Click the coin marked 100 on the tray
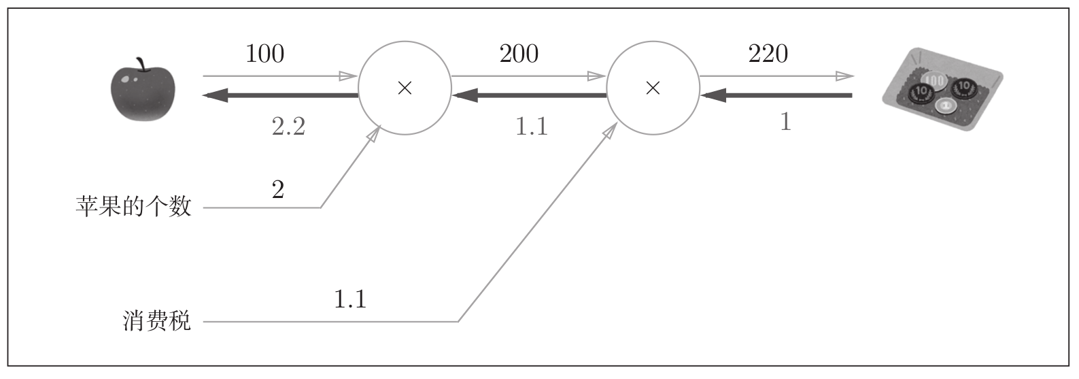point(935,81)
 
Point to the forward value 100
point(264,54)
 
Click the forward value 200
point(519,54)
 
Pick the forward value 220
point(768,54)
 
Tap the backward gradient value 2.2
point(288,127)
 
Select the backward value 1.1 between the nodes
point(531,127)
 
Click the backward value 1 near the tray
point(785,122)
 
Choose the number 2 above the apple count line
point(277,190)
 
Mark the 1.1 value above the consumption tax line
point(350,299)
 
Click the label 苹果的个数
point(134,206)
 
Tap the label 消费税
point(157,320)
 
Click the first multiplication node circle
point(405,88)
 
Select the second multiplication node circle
point(653,88)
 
